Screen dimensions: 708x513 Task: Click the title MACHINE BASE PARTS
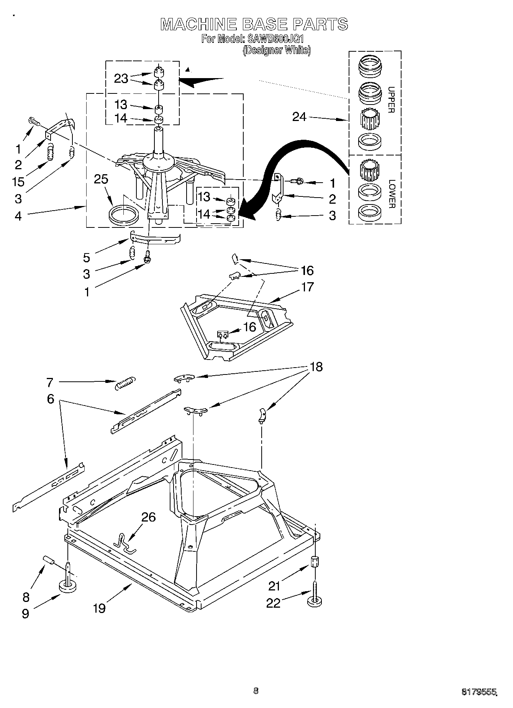pyautogui.click(x=254, y=24)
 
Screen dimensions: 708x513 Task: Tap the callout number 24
pyautogui.click(x=299, y=117)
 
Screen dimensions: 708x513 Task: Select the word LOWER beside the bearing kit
pyautogui.click(x=391, y=194)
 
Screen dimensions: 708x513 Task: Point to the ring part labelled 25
pyautogui.click(x=123, y=214)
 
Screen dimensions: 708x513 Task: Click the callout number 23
pyautogui.click(x=121, y=78)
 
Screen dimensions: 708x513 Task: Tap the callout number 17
pyautogui.click(x=308, y=287)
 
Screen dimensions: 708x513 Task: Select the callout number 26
pyautogui.click(x=148, y=517)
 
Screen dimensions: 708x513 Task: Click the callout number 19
pyautogui.click(x=99, y=608)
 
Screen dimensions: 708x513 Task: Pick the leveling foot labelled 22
pyautogui.click(x=314, y=601)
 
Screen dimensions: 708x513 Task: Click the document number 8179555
pyautogui.click(x=479, y=692)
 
